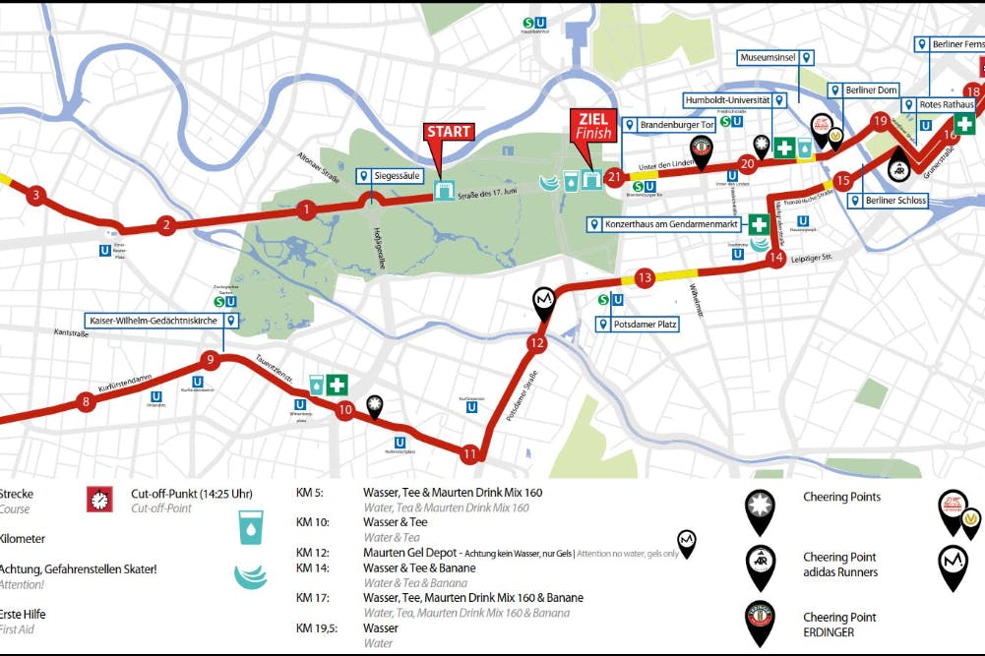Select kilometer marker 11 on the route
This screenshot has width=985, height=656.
(469, 454)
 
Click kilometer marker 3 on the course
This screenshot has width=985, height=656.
(35, 195)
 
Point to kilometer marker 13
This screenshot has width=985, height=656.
(645, 277)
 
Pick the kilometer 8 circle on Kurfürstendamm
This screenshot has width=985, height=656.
(87, 401)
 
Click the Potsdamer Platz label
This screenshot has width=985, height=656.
(639, 324)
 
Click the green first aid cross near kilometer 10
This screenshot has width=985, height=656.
(339, 384)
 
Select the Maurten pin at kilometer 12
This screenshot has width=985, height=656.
(543, 300)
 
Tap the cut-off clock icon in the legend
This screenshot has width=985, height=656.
(99, 500)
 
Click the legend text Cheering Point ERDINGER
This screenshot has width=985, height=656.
(839, 624)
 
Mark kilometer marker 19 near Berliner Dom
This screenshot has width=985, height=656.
(880, 121)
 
